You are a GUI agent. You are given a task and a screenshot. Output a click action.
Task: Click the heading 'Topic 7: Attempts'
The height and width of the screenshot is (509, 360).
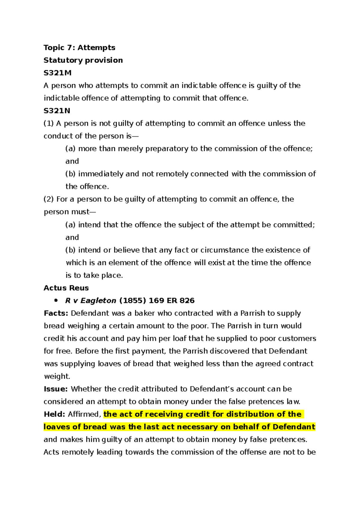[x=79, y=48]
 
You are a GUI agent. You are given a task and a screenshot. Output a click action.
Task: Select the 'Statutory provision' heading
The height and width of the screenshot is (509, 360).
[x=83, y=60]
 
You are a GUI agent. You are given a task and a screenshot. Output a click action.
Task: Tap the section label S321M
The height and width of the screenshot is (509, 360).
[x=57, y=73]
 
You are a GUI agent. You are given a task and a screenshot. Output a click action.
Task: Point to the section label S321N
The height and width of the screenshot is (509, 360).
[x=57, y=111]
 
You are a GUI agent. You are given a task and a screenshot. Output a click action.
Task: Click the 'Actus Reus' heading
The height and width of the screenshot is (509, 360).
[x=66, y=288]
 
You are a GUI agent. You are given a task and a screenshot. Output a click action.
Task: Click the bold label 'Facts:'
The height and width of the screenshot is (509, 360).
[x=56, y=313]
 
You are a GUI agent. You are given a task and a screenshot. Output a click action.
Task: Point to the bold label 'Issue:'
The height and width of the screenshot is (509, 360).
[x=56, y=389]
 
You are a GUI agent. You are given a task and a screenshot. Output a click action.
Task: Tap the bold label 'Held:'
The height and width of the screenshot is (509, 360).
[x=54, y=414]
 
